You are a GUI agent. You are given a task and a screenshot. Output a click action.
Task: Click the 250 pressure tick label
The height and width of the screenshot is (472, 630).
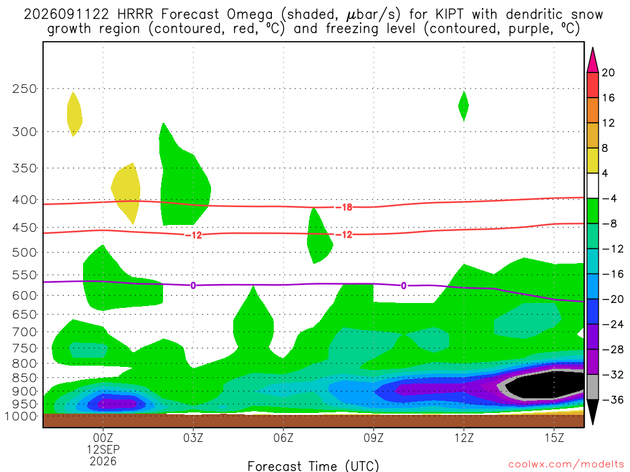[25, 88]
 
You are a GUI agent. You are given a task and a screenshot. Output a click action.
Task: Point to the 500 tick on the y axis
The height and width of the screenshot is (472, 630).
[25, 253]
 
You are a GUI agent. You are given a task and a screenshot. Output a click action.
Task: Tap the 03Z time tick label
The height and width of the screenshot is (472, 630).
[193, 438]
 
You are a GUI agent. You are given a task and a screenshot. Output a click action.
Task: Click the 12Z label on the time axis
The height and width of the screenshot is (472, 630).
[464, 438]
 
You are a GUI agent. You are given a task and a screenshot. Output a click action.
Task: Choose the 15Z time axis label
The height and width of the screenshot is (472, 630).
[554, 438]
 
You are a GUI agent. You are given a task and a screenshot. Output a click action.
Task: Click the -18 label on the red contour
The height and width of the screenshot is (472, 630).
[345, 207]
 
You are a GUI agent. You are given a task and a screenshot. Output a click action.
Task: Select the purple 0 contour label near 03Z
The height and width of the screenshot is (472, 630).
[193, 285]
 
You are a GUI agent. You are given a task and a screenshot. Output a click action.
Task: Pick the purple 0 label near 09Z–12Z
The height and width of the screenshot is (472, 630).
[404, 286]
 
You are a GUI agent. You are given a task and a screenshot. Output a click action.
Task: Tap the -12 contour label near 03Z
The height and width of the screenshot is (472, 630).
[194, 235]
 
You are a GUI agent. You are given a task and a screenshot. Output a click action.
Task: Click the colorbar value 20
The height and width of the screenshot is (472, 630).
[608, 73]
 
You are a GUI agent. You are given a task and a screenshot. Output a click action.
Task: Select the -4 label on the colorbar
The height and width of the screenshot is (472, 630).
[610, 199]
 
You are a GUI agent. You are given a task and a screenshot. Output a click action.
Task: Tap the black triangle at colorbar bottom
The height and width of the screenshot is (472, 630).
[592, 412]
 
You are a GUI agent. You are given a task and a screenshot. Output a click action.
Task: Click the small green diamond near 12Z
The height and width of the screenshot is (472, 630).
[464, 106]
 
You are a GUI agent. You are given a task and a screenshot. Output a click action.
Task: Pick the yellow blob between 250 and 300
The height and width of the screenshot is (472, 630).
[74, 114]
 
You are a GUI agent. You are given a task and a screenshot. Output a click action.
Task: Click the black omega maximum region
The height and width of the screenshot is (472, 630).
[543, 385]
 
